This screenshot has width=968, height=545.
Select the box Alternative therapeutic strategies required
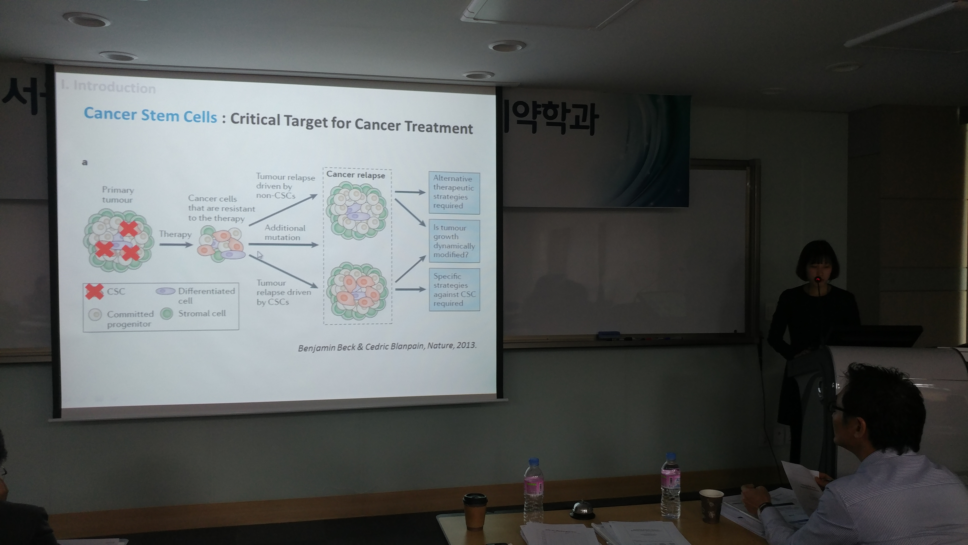(x=454, y=192)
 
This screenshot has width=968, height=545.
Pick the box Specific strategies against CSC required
(x=454, y=289)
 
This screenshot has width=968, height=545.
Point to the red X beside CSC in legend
(x=94, y=291)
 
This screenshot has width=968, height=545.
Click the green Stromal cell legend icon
(x=167, y=313)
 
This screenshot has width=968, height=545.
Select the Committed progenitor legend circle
(x=95, y=314)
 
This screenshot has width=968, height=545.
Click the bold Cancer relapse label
(x=356, y=175)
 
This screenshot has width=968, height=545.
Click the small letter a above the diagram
(x=85, y=162)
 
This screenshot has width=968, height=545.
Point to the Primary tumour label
(x=118, y=195)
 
